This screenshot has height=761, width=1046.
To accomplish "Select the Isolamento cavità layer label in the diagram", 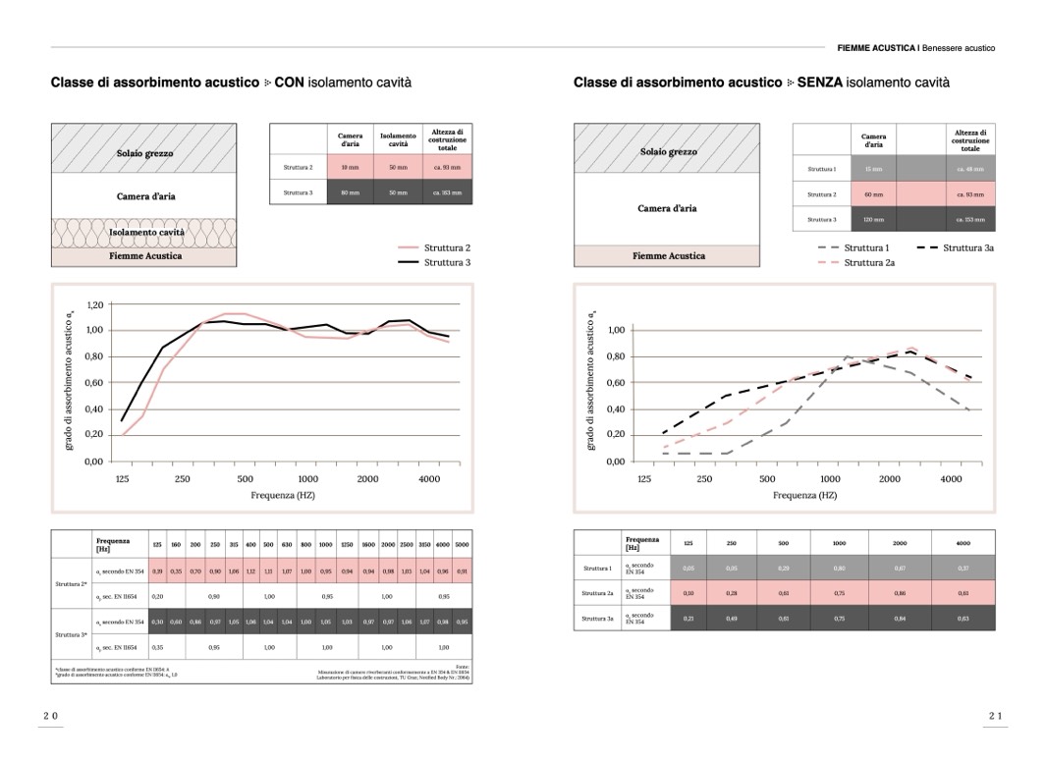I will (144, 233).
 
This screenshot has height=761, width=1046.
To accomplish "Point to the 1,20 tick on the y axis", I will (94, 305).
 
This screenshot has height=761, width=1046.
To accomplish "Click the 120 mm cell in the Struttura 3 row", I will (873, 219).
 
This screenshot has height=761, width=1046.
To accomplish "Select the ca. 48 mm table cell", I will (969, 169).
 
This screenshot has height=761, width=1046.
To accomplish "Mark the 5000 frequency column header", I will (462, 544).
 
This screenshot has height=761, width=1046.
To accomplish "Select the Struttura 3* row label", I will (73, 634).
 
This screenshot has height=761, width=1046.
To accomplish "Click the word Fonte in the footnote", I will (463, 666).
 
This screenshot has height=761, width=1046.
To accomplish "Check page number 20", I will (50, 717).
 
